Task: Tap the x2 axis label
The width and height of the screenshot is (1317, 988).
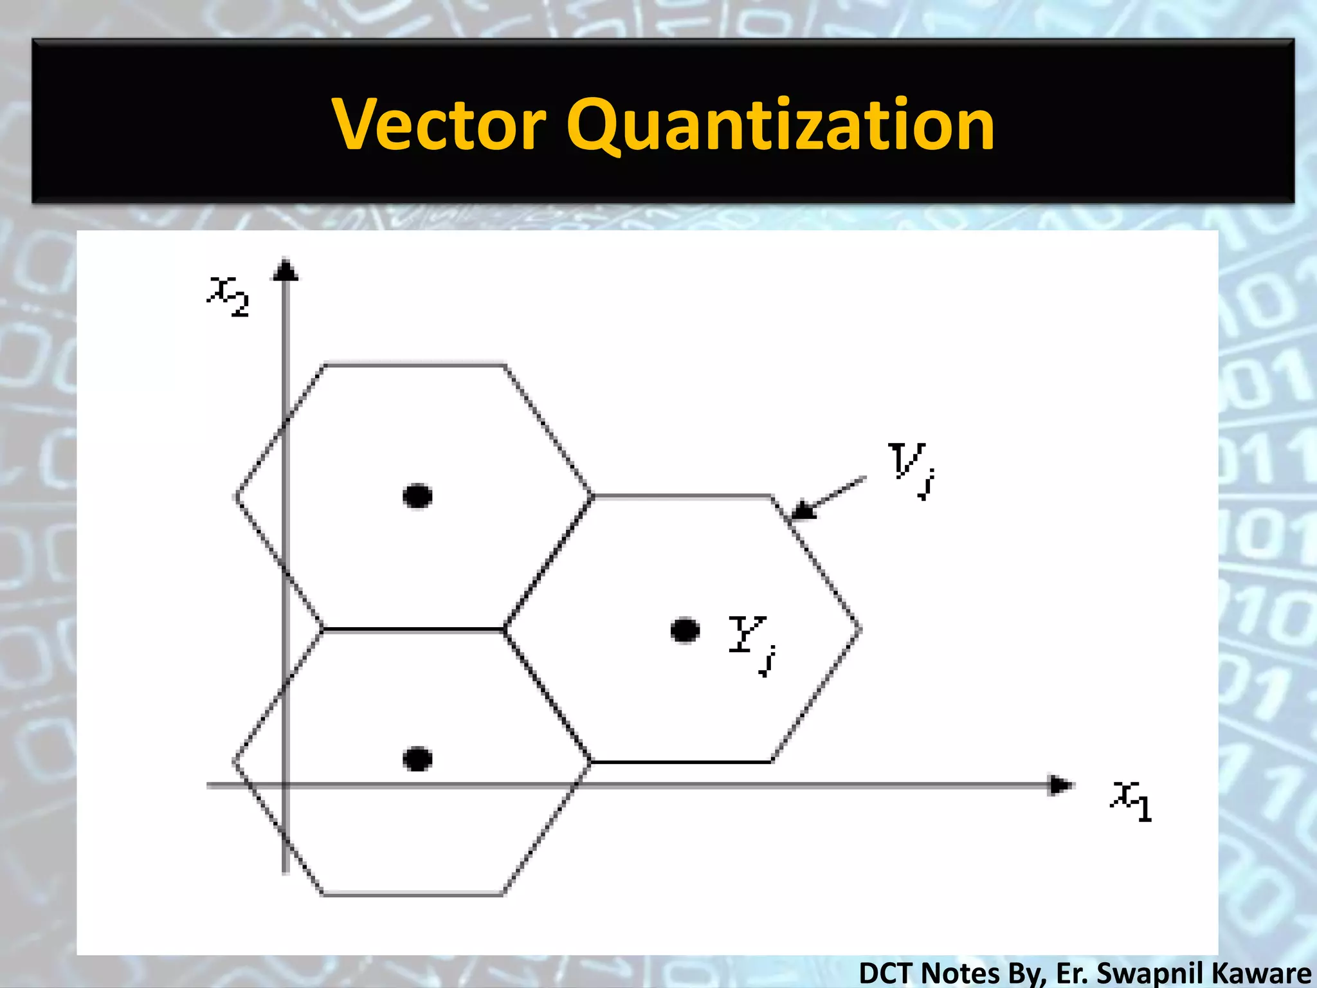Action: pos(228,297)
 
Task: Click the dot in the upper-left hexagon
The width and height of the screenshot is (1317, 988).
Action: pos(417,496)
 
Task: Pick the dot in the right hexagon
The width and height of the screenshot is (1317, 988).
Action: pos(684,630)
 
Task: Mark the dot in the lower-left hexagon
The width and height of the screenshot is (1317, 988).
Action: pos(417,759)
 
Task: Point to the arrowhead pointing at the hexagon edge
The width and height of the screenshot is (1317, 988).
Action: pos(801,511)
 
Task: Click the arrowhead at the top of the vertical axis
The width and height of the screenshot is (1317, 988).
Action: pos(286,270)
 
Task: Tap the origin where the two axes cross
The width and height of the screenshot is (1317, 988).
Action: pos(286,785)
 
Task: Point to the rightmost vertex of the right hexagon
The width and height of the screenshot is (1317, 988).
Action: pos(860,629)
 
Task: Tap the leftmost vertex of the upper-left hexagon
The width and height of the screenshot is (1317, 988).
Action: pos(235,497)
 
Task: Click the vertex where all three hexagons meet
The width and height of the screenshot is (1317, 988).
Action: pos(505,628)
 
